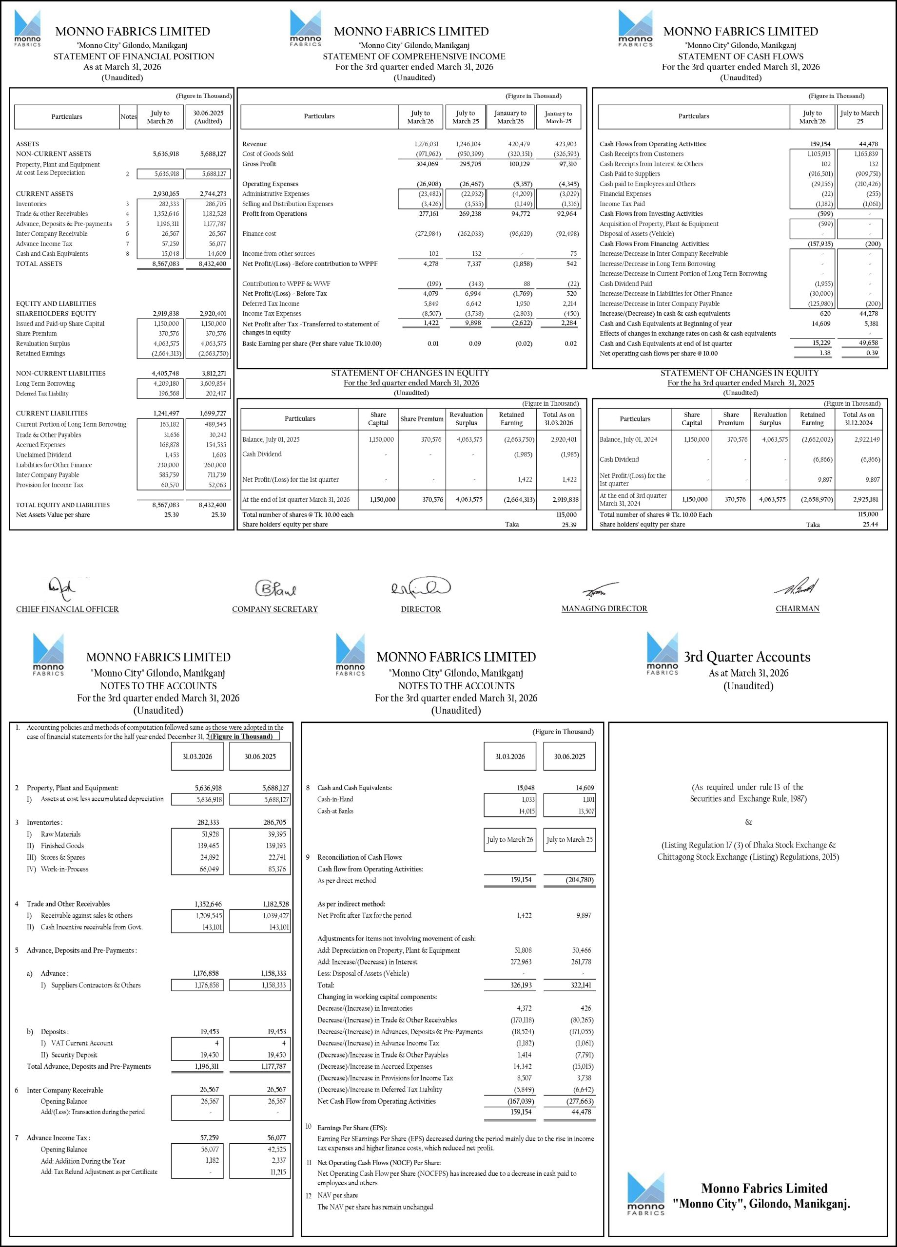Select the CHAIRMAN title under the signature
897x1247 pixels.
click(x=797, y=609)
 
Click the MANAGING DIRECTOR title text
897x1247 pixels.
click(x=604, y=609)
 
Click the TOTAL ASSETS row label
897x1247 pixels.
click(x=39, y=264)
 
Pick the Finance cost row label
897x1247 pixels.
click(x=259, y=234)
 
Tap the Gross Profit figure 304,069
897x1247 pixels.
click(x=427, y=164)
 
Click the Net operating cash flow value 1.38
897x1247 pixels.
click(x=825, y=354)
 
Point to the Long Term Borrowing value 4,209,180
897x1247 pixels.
click(x=166, y=384)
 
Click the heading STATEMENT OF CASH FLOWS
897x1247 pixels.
click(x=740, y=56)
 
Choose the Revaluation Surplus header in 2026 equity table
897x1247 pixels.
click(x=466, y=419)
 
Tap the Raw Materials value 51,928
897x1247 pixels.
click(x=209, y=834)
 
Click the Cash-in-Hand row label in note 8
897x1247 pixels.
click(x=335, y=799)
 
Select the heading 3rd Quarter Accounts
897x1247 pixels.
click(x=747, y=657)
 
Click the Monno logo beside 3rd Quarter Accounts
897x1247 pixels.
click(x=662, y=653)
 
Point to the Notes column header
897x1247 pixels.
click(x=128, y=116)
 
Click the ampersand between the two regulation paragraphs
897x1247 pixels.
click(x=748, y=822)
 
